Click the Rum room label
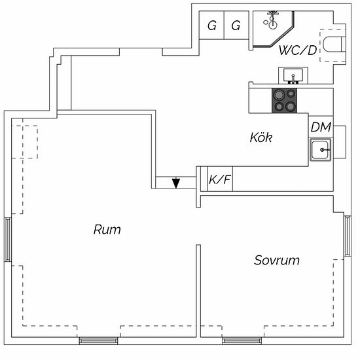(107, 229)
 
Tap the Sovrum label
(277, 260)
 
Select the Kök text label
(261, 137)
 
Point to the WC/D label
(298, 50)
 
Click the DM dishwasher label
(321, 127)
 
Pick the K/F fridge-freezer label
(220, 179)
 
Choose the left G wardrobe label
(212, 26)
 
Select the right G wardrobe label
(236, 26)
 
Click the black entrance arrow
(176, 183)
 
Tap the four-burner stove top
(284, 101)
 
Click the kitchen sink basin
(321, 150)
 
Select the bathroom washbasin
(293, 75)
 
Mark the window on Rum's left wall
(8, 239)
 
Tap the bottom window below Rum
(98, 341)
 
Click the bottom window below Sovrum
(242, 341)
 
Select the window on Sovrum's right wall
(347, 236)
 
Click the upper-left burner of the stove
(278, 95)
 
